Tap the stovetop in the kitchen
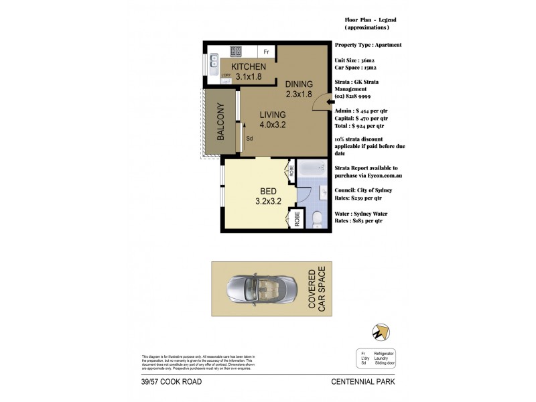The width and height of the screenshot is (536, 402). pos(236,51)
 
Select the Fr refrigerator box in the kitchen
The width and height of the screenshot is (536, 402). pos(266,52)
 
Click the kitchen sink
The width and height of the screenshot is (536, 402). pos(214,63)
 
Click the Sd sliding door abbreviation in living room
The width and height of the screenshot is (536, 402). pos(249,139)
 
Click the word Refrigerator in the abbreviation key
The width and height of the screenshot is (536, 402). pos(385,352)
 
